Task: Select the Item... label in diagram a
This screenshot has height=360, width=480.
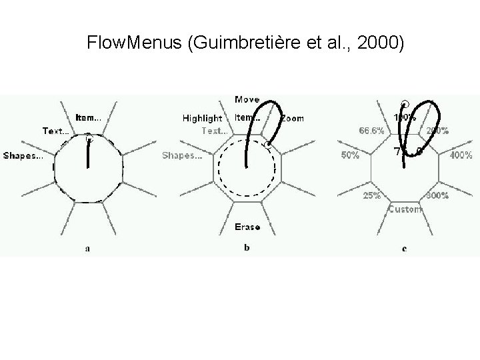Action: tap(89, 117)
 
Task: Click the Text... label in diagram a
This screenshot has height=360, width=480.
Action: tap(56, 131)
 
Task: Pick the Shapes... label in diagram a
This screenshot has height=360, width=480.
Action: tap(24, 156)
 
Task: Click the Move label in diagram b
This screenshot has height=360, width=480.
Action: tap(247, 100)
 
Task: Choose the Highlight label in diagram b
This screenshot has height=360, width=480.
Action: tap(203, 119)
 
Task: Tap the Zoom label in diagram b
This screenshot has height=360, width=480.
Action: tap(292, 119)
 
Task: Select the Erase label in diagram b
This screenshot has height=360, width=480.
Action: tap(247, 227)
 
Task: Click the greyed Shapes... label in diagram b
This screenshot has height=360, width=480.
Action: tap(183, 156)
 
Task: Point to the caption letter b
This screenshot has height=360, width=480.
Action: tap(247, 248)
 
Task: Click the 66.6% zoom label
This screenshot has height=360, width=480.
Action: tap(371, 131)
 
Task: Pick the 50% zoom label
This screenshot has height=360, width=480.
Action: tap(350, 156)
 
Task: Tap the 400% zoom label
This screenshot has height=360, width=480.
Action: tap(461, 156)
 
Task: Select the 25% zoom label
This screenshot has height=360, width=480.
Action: tap(372, 196)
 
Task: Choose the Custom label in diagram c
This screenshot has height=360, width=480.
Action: tap(405, 209)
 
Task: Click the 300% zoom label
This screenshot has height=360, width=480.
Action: tap(437, 196)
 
